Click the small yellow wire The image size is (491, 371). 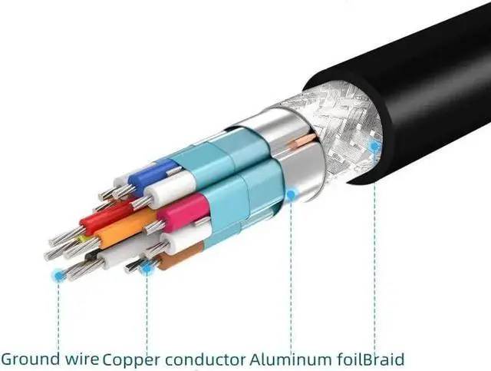(83, 238)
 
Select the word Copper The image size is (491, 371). (127, 359)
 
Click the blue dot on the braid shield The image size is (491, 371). (374, 145)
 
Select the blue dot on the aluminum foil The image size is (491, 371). (292, 195)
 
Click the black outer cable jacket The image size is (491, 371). (414, 77)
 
